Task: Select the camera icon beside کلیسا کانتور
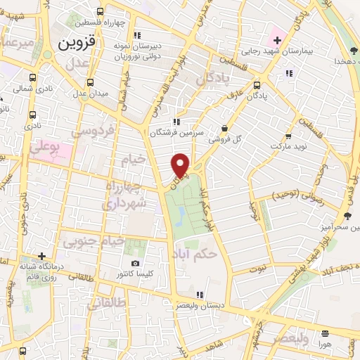[135, 264]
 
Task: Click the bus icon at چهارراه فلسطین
[100, 11]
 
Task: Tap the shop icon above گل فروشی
[224, 128]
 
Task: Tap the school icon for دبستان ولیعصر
[200, 294]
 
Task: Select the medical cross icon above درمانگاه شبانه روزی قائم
[43, 256]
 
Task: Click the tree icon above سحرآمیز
[348, 216]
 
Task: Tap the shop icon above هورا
[324, 334]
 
